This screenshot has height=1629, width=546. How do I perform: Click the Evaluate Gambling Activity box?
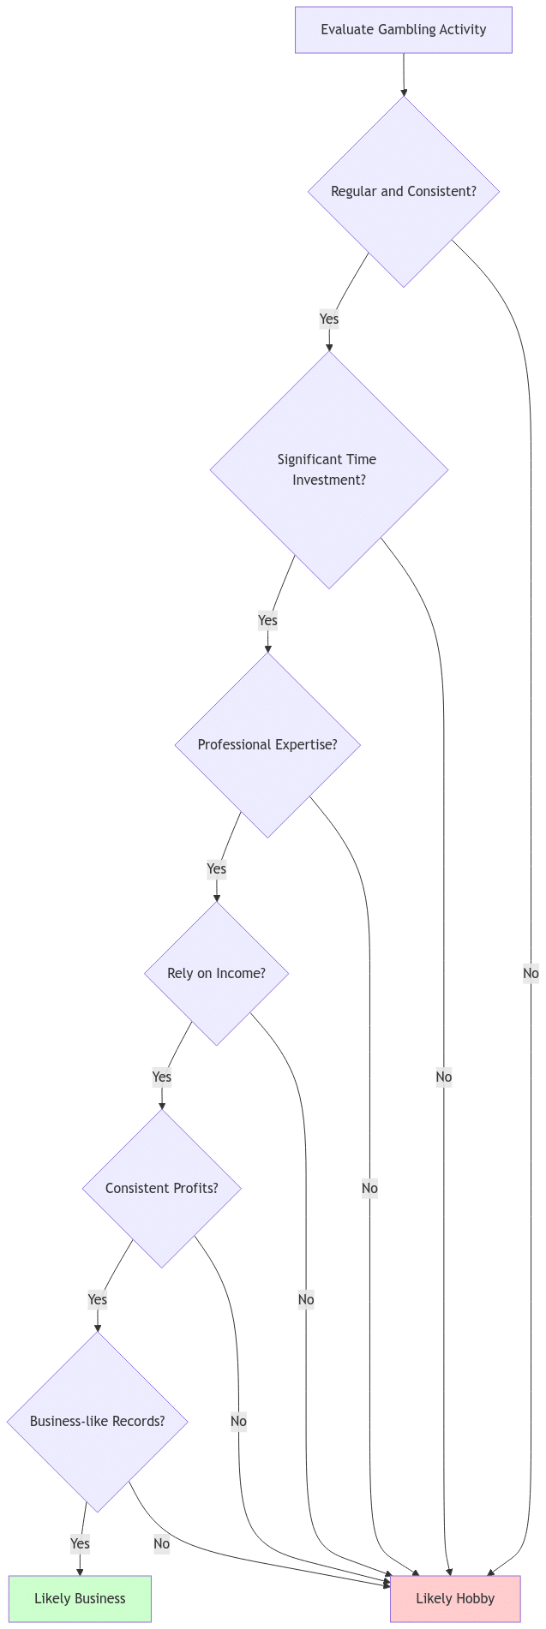[x=403, y=30]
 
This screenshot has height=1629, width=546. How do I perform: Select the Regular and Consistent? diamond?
[x=403, y=191]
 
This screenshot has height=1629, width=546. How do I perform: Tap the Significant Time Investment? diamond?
[x=328, y=469]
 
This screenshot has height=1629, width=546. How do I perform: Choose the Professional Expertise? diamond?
[x=267, y=744]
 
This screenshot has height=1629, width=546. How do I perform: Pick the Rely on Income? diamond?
[x=216, y=973]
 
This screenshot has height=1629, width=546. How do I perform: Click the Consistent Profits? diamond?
[x=161, y=1188]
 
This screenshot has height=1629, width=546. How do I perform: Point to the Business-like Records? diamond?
[x=97, y=1421]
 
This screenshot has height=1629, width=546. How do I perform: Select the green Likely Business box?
[x=80, y=1598]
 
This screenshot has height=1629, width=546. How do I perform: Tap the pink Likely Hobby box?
[x=455, y=1598]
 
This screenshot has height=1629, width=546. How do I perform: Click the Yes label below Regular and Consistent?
[x=328, y=319]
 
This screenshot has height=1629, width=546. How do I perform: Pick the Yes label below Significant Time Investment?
[x=267, y=620]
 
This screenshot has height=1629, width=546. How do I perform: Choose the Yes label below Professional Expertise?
[x=216, y=868]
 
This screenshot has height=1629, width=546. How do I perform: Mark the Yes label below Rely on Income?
[x=161, y=1077]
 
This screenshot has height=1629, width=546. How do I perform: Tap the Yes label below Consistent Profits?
[x=97, y=1299]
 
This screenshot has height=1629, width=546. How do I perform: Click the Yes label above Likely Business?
[x=80, y=1543]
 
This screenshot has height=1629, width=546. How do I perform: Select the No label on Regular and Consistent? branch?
[x=531, y=973]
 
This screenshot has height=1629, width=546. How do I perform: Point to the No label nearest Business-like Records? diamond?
[x=161, y=1543]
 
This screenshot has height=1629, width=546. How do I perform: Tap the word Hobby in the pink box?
[x=475, y=1598]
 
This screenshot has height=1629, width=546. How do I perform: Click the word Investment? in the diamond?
[x=329, y=480]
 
